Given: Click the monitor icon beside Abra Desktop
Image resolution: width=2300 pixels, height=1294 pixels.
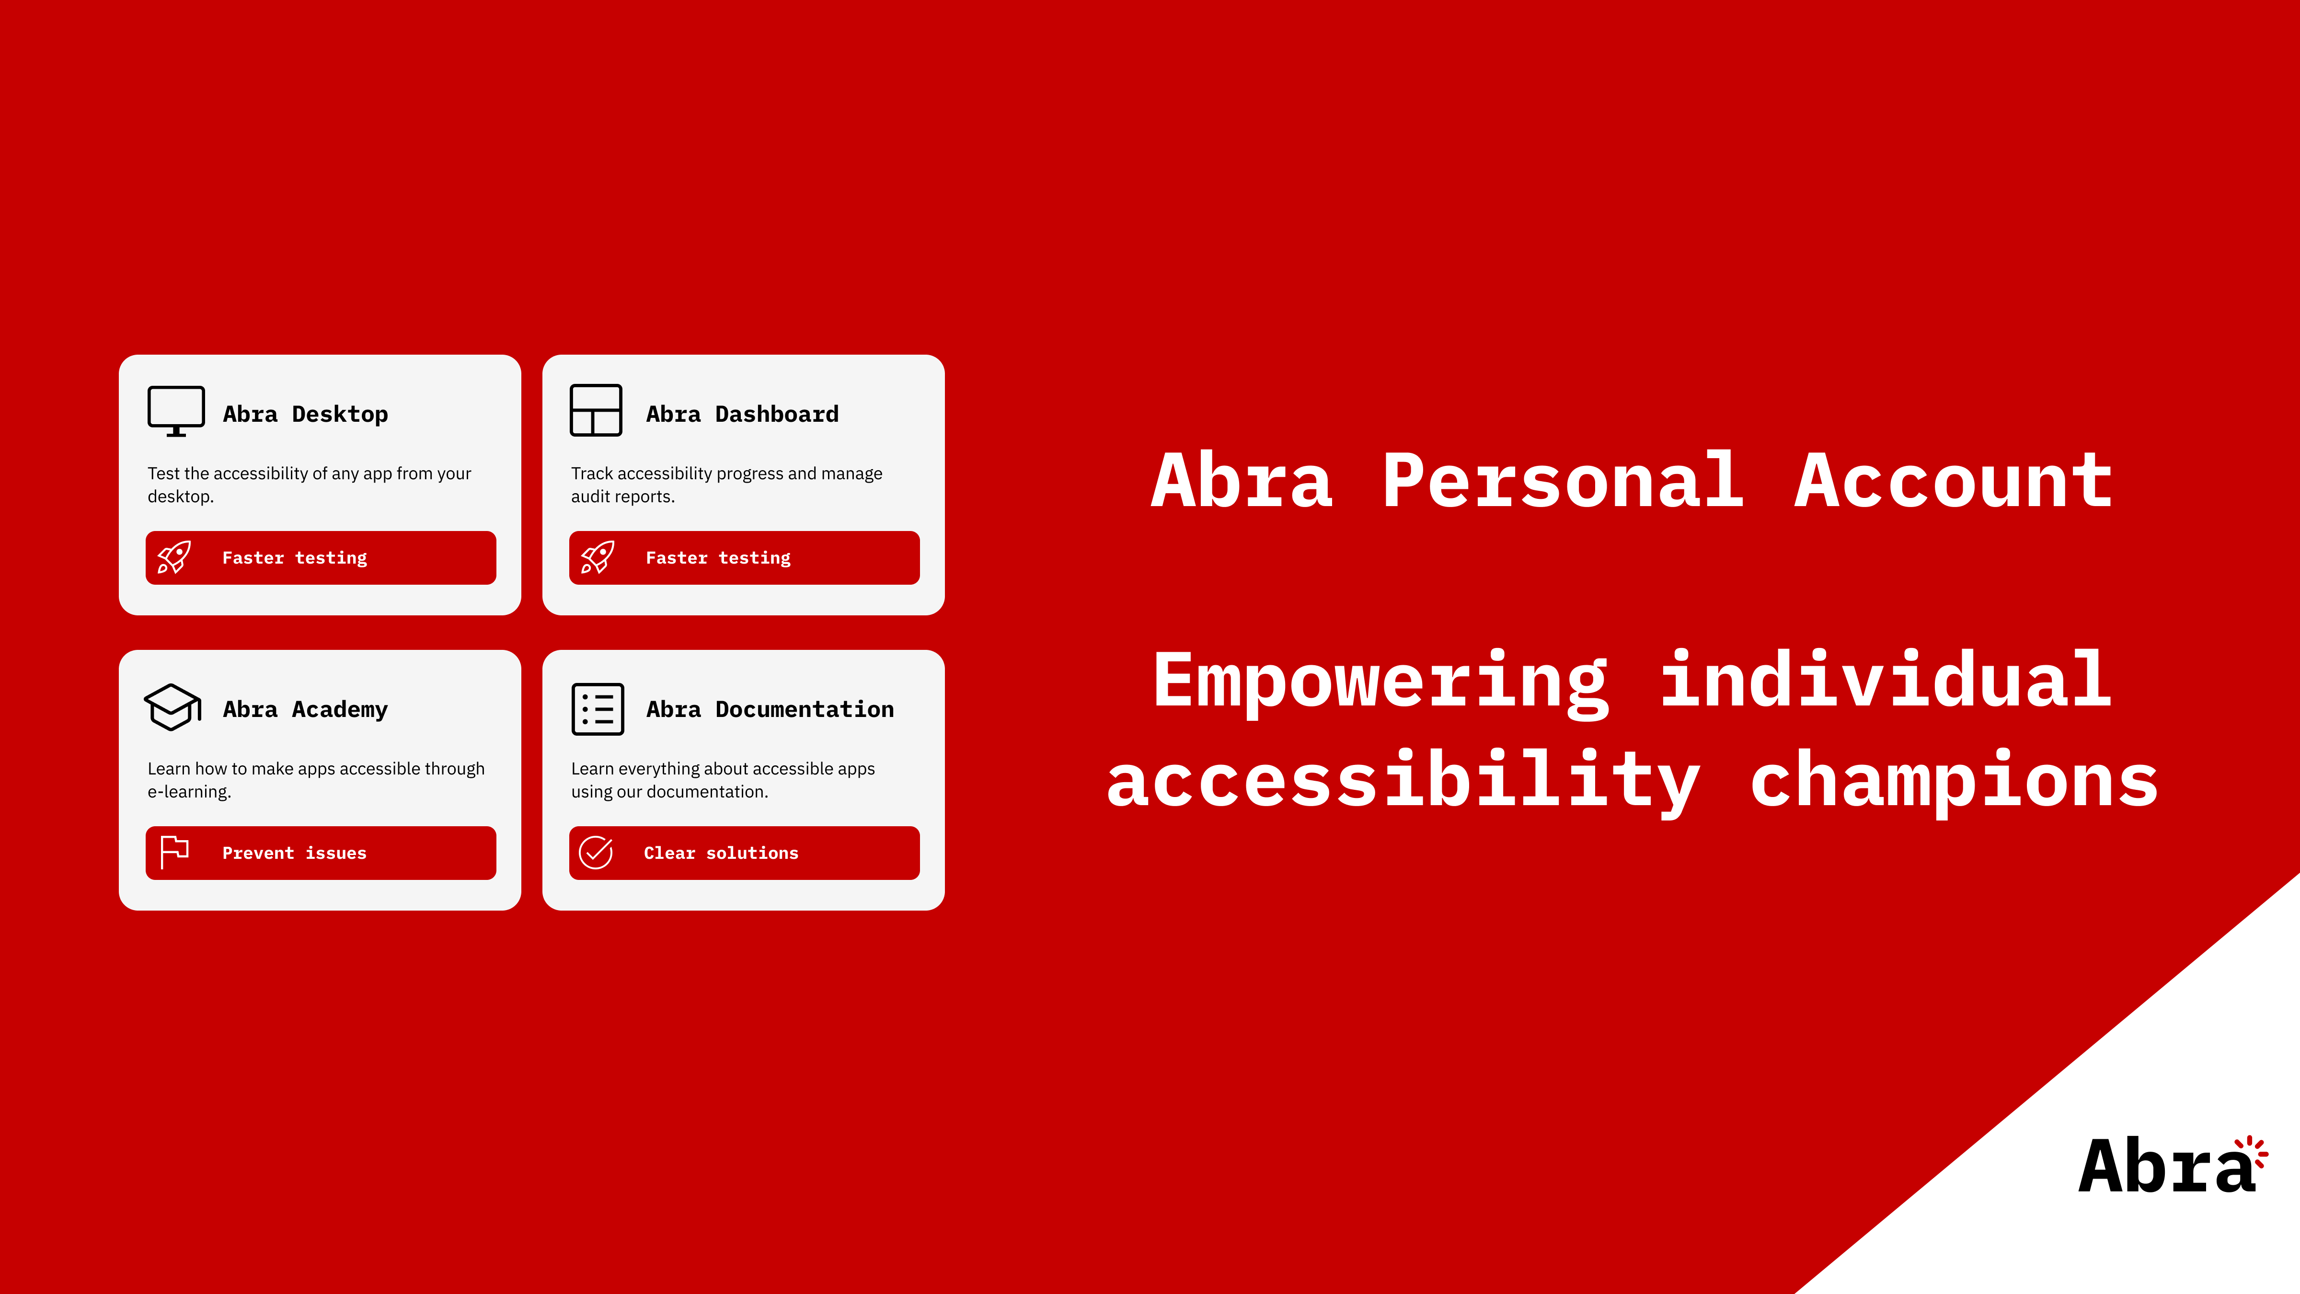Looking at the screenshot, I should [176, 411].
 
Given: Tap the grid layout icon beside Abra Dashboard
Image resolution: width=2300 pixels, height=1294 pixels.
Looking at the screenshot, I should [596, 411].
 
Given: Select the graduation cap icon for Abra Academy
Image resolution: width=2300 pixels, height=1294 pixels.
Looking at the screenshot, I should [172, 707].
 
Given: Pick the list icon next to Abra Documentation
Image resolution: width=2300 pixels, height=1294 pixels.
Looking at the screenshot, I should [598, 709].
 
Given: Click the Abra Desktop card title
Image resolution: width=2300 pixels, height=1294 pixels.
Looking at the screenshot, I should [305, 415].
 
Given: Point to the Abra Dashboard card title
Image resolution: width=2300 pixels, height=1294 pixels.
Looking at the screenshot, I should [742, 415].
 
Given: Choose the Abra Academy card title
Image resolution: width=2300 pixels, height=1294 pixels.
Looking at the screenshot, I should [305, 709].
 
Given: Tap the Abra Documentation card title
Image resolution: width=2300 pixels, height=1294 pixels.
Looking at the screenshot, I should [770, 709].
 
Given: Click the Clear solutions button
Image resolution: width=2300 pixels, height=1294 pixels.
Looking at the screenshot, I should [744, 853].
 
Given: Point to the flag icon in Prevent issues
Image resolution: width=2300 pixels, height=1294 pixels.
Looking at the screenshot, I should [174, 852].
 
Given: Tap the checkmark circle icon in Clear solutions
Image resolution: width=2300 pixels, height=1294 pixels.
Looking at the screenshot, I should [596, 853].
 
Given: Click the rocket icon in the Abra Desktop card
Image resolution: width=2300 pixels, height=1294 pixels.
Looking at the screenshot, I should [174, 557].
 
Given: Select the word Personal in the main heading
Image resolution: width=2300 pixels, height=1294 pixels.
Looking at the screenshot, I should [1563, 482].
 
